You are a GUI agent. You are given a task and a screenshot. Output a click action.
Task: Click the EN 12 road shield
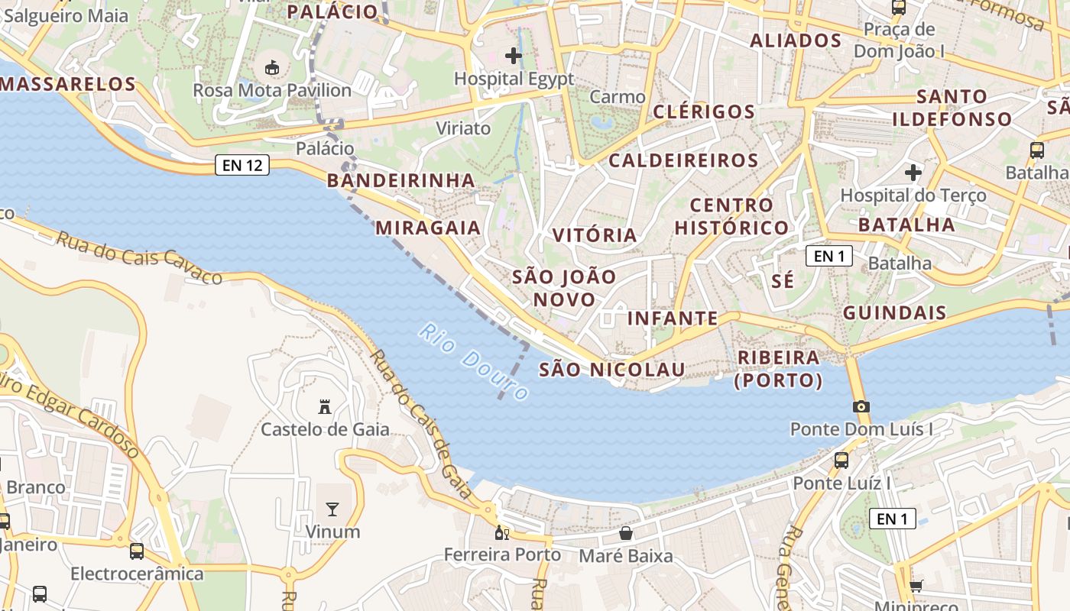pos(242,165)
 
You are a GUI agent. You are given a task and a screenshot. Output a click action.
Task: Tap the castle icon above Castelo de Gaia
pos(325,406)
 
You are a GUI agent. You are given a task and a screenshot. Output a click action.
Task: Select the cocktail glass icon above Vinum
pos(332,509)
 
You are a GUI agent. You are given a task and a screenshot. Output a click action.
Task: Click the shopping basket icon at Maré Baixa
pos(626,532)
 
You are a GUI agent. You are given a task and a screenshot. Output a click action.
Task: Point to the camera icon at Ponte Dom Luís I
pos(861,406)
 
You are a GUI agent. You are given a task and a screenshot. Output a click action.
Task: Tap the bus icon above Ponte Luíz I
pos(841,461)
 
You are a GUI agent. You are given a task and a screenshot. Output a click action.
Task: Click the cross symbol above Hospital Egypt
pos(514,55)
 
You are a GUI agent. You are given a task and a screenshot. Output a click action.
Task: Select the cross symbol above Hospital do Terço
pos(913,173)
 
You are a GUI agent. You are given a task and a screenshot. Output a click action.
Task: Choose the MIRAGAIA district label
pos(428,228)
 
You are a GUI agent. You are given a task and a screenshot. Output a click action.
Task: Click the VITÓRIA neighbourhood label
pos(595,235)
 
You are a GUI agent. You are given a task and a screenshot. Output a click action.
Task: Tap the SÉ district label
pos(783,281)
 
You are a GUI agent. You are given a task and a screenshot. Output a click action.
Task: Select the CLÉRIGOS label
pos(704,112)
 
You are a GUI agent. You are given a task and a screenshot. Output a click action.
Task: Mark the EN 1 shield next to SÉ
pos(829,256)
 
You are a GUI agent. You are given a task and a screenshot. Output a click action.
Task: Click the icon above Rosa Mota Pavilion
pos(272,68)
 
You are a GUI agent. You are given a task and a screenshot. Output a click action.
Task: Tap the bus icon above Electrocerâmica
pos(137,551)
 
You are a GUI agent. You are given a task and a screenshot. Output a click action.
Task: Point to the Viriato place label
pos(463,128)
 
